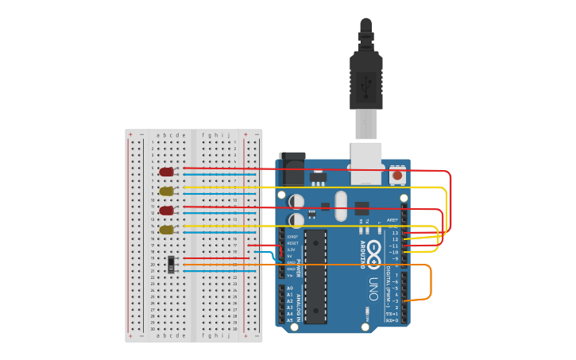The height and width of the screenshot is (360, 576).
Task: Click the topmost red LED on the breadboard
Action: point(166,172)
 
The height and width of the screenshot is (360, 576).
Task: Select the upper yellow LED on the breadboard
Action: point(166,191)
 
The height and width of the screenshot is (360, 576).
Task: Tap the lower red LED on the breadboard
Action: point(166,211)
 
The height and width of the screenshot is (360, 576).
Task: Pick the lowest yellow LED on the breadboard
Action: point(166,230)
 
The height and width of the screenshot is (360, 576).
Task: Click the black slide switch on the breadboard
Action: point(172,263)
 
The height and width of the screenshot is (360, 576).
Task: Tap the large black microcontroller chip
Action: point(315,276)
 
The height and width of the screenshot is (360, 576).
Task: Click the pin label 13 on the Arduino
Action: point(395,233)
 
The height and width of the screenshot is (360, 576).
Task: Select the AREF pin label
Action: point(392,220)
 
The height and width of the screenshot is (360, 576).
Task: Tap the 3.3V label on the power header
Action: point(292,250)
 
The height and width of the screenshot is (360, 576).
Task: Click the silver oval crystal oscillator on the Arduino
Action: point(341,206)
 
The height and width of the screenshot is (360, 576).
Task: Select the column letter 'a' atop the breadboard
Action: point(158,135)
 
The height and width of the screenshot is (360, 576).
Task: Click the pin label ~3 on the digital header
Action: point(395,301)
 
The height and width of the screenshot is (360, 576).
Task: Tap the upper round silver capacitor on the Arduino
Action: point(296,201)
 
